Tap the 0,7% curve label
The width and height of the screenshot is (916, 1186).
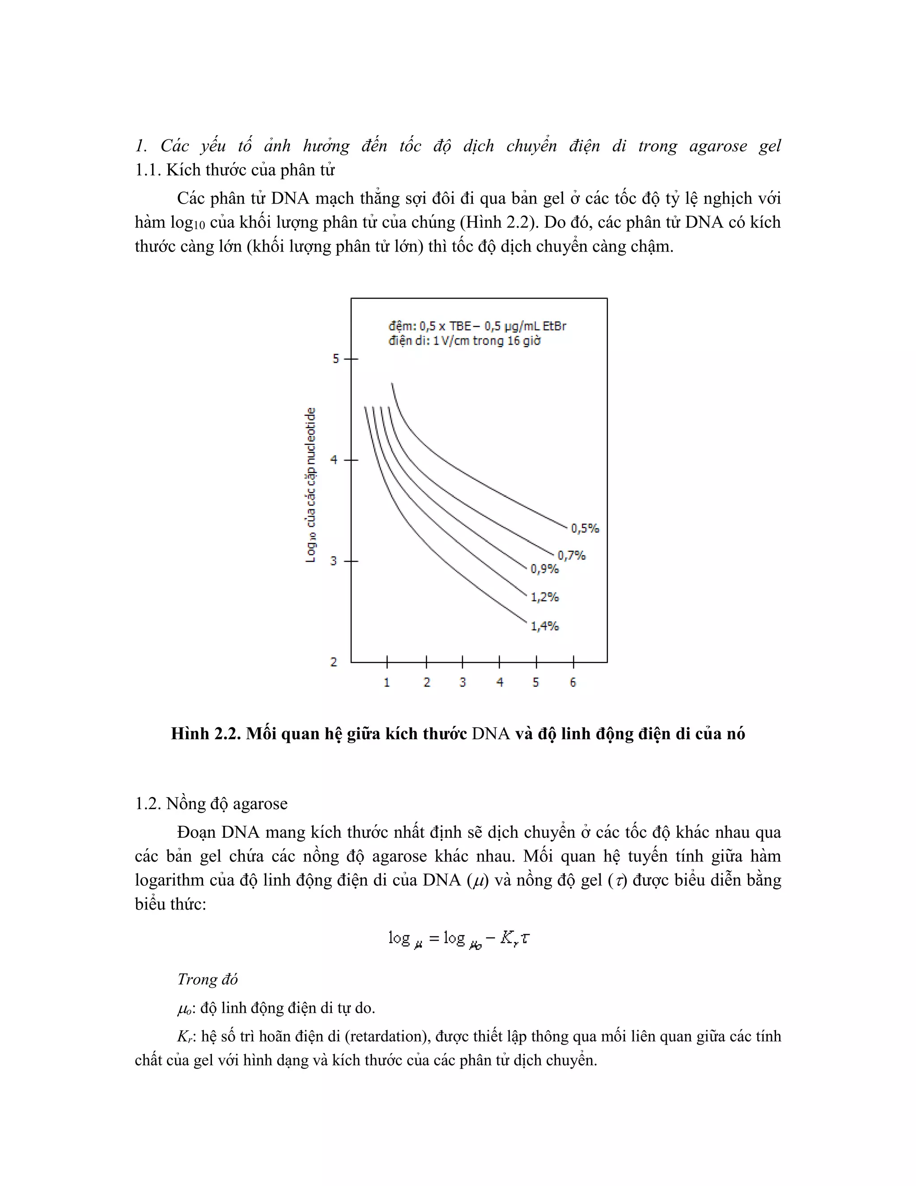point(572,555)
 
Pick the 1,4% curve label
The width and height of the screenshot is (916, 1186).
point(544,626)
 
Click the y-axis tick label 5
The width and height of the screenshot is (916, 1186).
point(336,359)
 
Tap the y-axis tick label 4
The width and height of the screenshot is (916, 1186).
point(334,460)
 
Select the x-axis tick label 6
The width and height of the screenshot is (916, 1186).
point(573,683)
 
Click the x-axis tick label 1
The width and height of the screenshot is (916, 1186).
point(387,683)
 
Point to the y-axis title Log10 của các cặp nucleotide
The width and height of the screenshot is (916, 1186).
point(310,485)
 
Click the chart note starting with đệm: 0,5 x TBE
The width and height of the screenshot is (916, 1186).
point(477,326)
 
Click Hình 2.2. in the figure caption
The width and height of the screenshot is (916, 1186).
point(206,734)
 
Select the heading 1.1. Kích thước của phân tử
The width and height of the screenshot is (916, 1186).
point(235,170)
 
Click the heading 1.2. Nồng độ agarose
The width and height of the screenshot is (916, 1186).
point(211,804)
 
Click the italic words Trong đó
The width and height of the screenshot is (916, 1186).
point(207,979)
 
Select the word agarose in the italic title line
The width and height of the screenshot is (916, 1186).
point(717,145)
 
